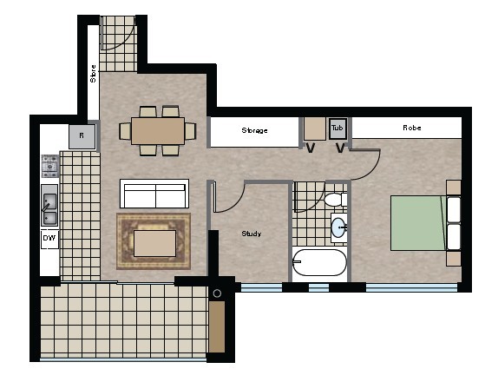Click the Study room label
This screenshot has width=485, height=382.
click(251, 234)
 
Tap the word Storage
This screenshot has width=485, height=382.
click(254, 130)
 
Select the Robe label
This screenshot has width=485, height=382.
click(412, 128)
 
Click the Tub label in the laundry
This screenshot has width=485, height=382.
click(338, 128)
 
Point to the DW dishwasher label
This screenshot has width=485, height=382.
click(49, 238)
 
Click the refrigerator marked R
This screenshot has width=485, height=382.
click(82, 136)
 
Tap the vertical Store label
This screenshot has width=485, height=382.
click(93, 74)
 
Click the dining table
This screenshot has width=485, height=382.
click(158, 130)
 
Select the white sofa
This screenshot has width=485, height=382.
click(154, 194)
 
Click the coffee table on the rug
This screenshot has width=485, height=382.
click(155, 243)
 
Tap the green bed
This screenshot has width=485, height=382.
click(418, 222)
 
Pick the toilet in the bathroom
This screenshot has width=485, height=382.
click(335, 200)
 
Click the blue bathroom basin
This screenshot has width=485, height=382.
click(338, 227)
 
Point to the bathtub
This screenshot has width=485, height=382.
click(319, 263)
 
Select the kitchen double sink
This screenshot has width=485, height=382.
click(49, 206)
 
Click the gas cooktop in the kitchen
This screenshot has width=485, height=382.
click(50, 166)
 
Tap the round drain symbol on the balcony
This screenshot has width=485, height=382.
click(217, 293)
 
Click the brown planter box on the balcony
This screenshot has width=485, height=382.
click(217, 327)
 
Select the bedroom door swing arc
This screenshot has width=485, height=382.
click(372, 171)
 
